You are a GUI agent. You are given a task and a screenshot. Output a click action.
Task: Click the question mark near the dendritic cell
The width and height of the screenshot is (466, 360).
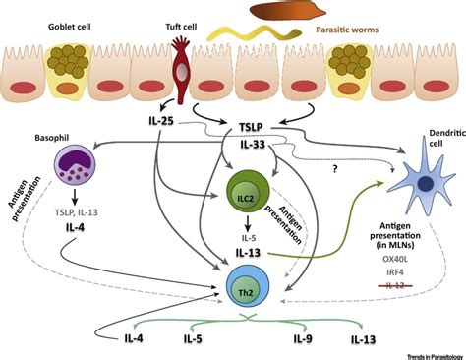(338, 168)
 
